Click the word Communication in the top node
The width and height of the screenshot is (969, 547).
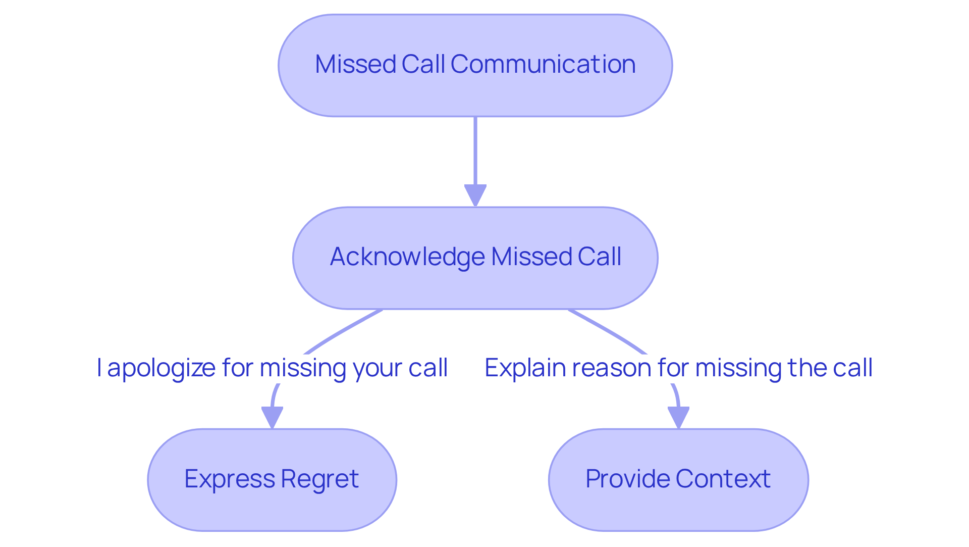[543, 65]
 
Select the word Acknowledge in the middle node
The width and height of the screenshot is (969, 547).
[407, 257]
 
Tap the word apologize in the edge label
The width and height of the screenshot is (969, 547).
[161, 368]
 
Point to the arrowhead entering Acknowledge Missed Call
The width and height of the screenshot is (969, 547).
[475, 195]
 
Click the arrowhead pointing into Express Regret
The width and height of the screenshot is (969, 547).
[272, 417]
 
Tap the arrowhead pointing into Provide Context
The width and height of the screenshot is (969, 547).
[678, 417]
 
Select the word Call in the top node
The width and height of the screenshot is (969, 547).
[423, 65]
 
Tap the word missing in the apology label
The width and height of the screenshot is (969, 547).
[303, 368]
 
